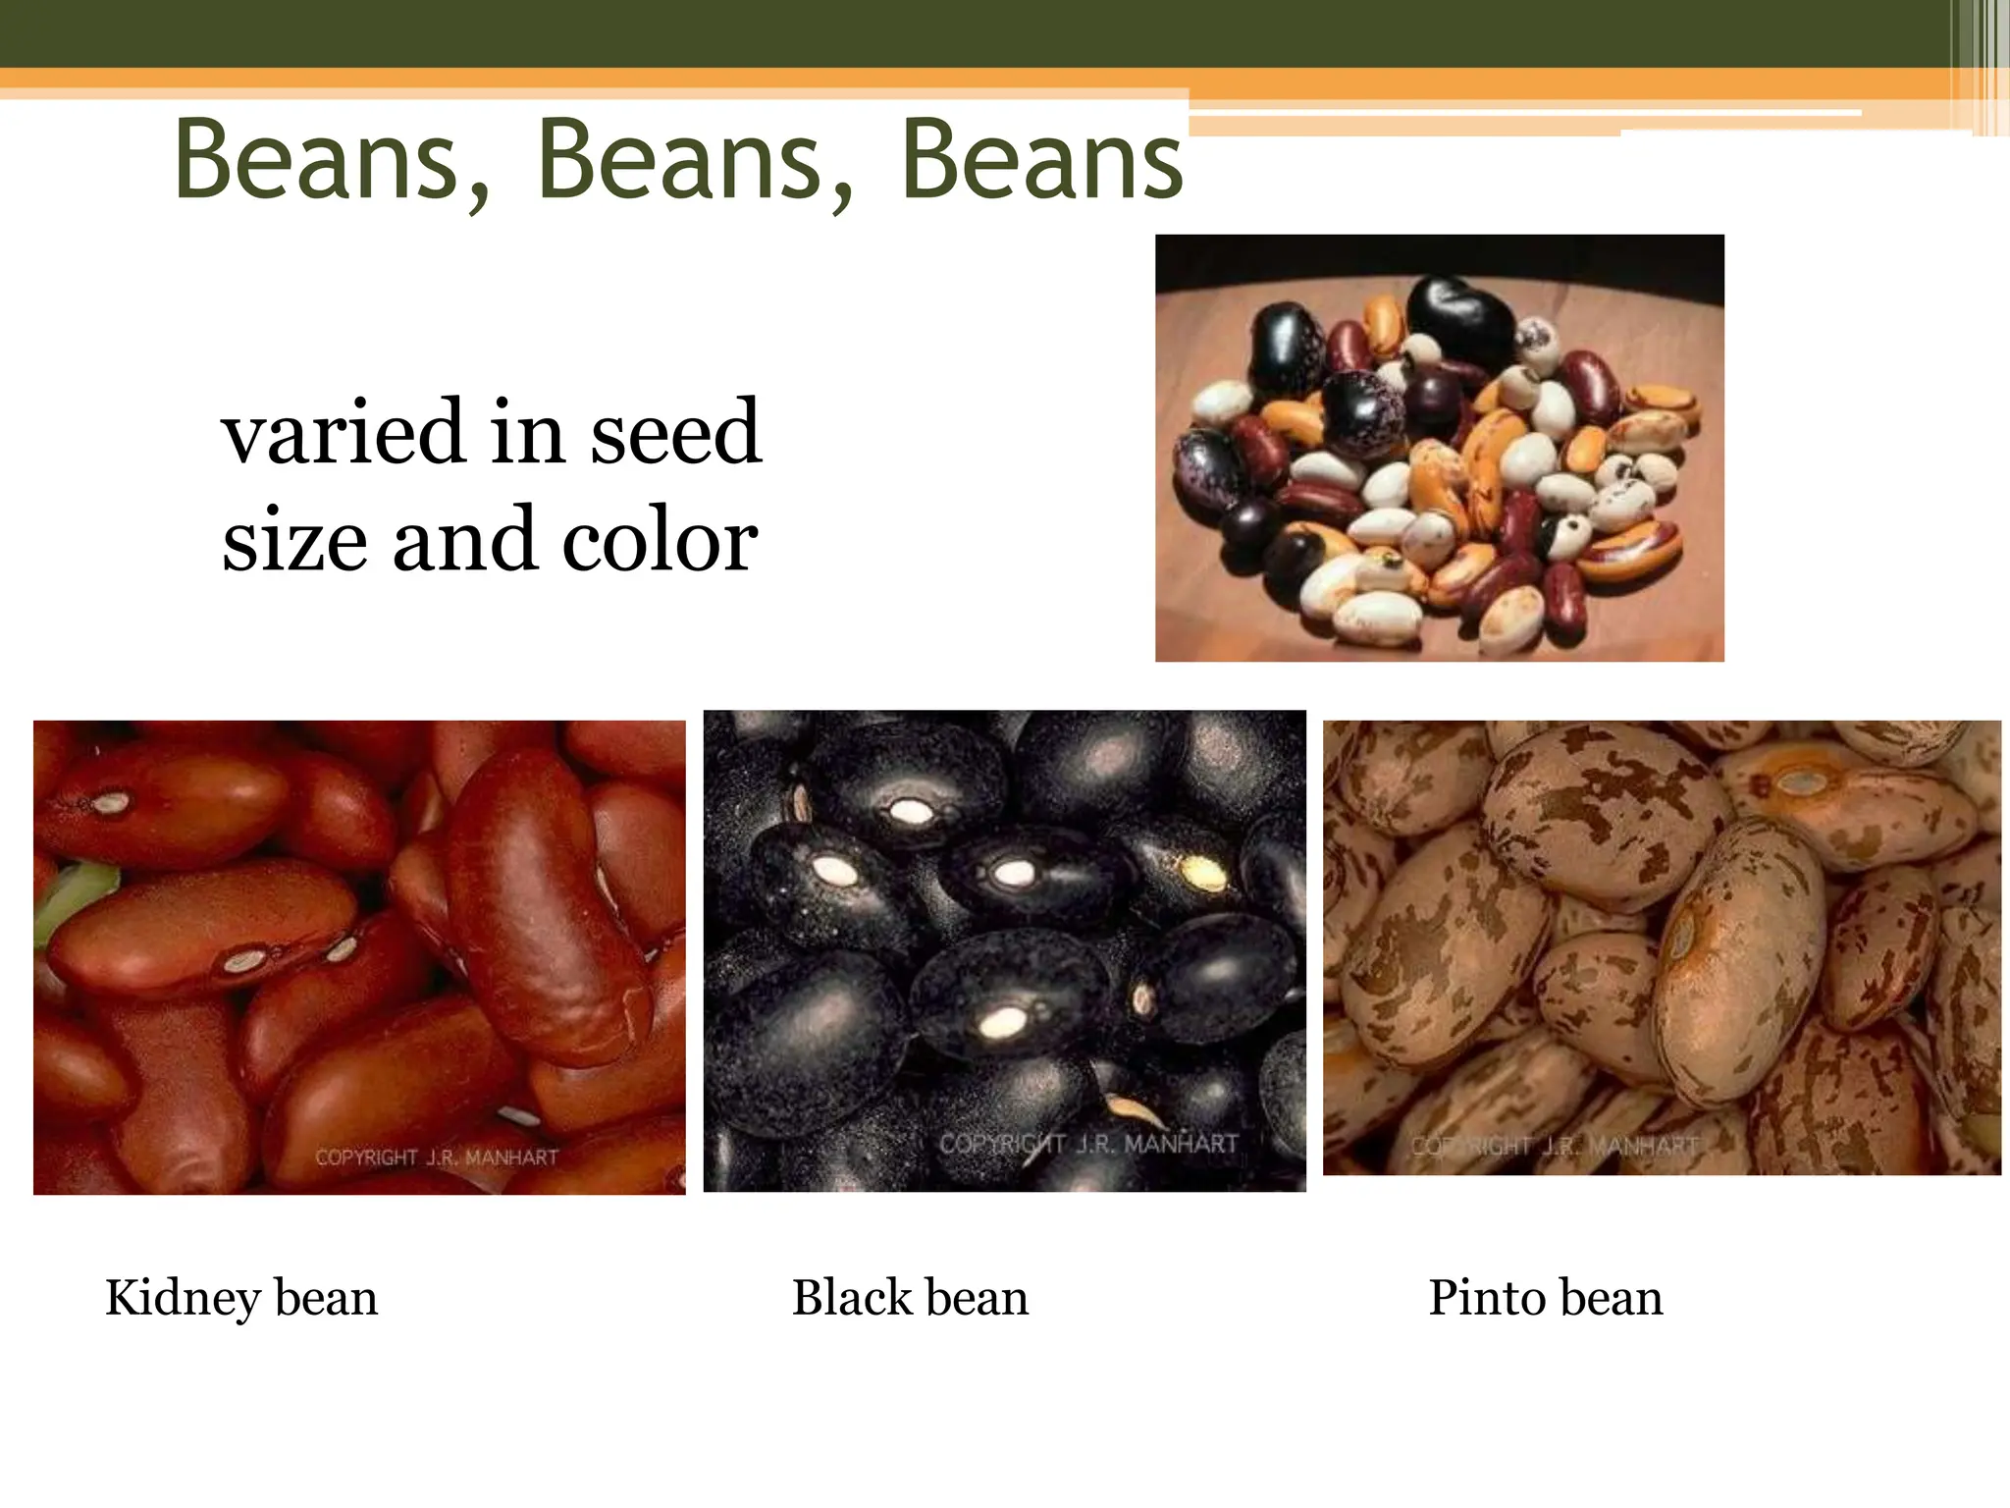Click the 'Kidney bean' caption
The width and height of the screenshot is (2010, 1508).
pos(241,1298)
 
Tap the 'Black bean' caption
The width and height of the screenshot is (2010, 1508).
pos(910,1298)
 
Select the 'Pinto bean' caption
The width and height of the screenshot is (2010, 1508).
pos(1545,1298)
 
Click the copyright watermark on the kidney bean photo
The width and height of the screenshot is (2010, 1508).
pos(437,1158)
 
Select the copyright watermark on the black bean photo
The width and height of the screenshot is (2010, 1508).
pos(1087,1144)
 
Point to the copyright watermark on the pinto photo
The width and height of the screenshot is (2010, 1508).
pos(1554,1146)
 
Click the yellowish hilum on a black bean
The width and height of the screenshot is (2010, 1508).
pos(1202,872)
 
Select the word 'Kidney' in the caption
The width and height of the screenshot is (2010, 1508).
pos(184,1298)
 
